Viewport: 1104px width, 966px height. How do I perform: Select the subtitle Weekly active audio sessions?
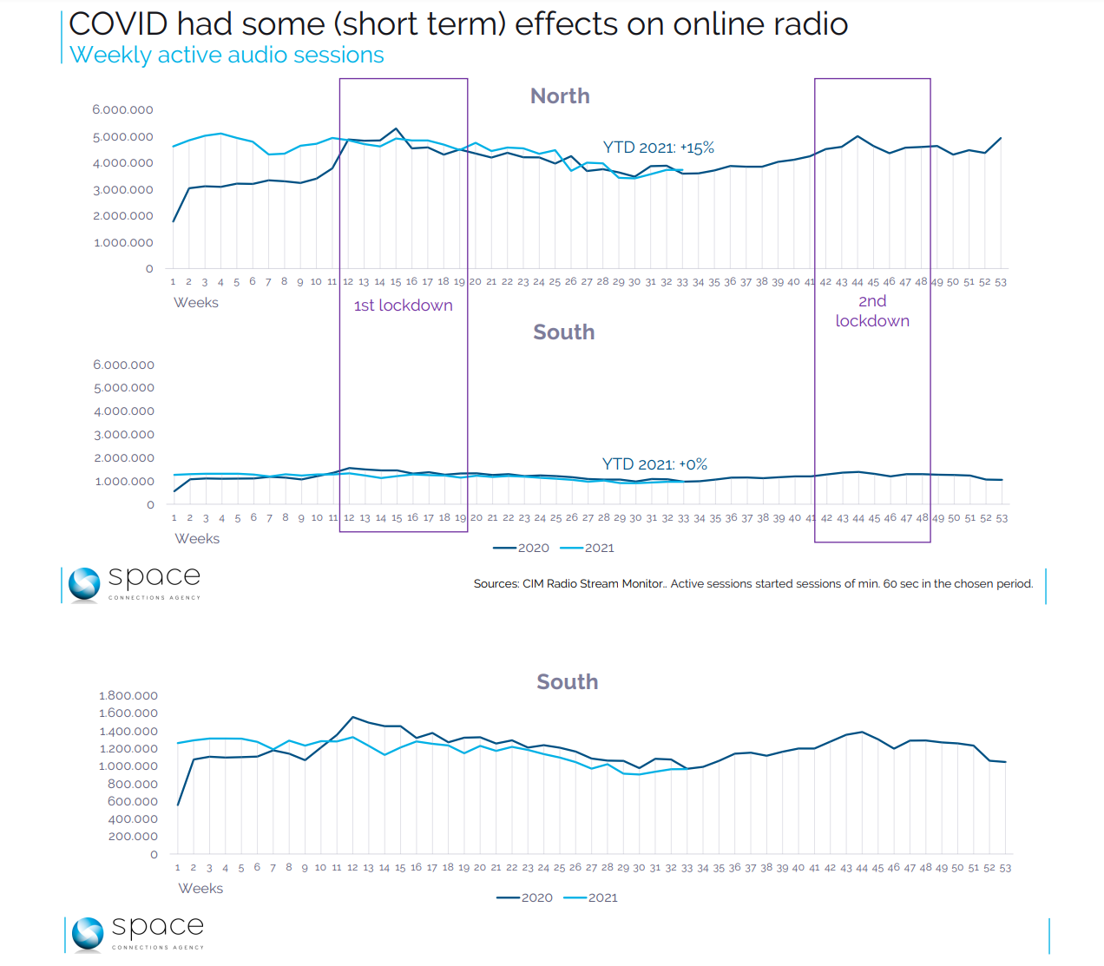pos(227,55)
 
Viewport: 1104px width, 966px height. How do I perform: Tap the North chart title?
pos(560,96)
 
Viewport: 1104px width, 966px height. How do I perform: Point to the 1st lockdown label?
pos(403,306)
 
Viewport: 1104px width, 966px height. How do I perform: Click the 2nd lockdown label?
pos(872,311)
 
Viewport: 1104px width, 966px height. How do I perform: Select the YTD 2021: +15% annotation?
pos(659,148)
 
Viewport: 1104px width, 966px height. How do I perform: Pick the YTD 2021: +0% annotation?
pos(654,464)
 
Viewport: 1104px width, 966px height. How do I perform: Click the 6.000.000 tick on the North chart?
pos(122,110)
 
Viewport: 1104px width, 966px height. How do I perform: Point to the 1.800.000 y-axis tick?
pos(128,696)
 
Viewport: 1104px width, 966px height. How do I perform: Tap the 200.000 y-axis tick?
pos(133,837)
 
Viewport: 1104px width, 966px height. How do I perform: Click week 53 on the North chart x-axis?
pos(1001,282)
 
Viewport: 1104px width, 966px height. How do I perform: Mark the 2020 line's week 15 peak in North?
pos(396,128)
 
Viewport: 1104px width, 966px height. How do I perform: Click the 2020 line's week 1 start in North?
pos(174,221)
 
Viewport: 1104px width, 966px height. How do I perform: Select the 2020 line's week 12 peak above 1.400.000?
pos(352,717)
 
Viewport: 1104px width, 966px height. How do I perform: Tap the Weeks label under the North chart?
pos(196,303)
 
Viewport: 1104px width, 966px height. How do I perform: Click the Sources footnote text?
pos(752,584)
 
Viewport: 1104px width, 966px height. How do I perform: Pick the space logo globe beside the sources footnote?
pos(85,584)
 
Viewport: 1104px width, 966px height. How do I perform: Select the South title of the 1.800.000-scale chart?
pos(567,682)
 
